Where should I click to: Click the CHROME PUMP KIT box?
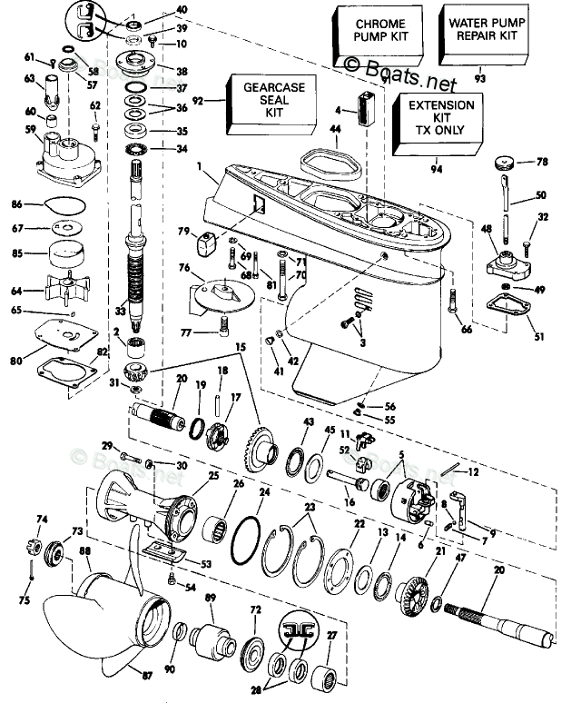point(371,37)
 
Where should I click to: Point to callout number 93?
point(479,80)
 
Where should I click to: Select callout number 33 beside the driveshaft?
point(120,310)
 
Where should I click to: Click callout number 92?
point(199,102)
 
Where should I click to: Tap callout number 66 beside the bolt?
point(467,329)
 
